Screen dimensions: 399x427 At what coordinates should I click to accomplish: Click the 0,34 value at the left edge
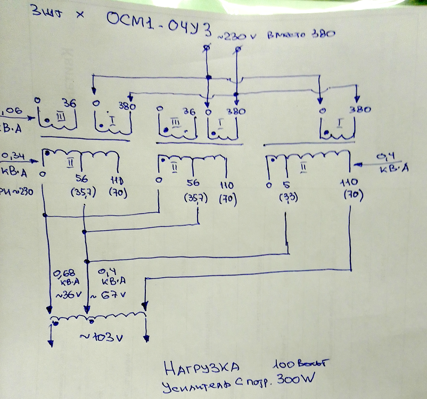click(12, 156)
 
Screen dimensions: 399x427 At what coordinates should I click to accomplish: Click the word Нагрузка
click(200, 367)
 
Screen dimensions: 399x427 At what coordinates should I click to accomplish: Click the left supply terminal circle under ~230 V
click(207, 48)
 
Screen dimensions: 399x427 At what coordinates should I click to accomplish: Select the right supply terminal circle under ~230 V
click(238, 49)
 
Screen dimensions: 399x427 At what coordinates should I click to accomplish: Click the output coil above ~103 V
click(98, 319)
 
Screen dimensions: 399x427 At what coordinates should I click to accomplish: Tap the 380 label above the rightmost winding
click(360, 110)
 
